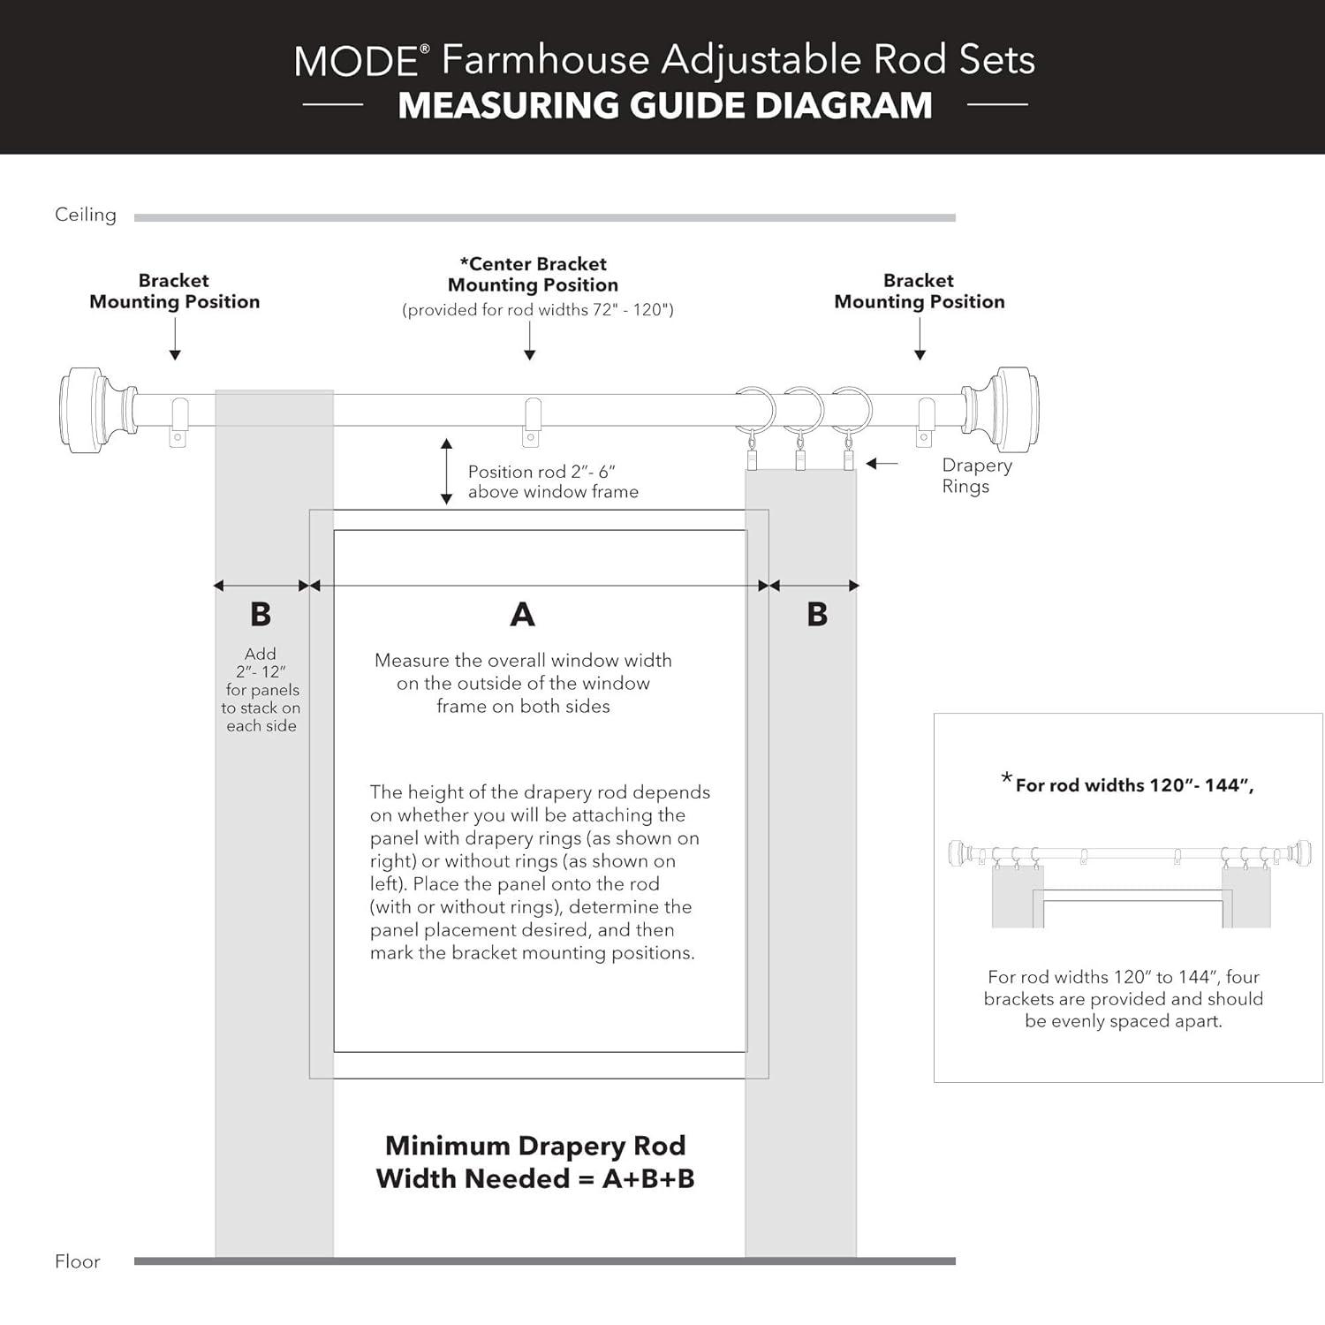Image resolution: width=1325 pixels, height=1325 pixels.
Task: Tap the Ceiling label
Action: [x=86, y=215]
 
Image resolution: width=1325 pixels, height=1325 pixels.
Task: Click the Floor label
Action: [x=78, y=1261]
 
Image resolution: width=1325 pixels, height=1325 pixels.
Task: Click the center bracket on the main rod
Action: [x=532, y=421]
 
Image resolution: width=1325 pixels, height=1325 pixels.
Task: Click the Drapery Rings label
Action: [x=976, y=475]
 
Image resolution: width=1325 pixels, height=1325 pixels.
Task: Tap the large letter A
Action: [x=522, y=614]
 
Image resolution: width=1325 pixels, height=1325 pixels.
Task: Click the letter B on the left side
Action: [x=261, y=614]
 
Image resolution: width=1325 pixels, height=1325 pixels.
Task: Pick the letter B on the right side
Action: [x=817, y=614]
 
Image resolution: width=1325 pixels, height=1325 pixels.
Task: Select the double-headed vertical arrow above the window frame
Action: [x=447, y=472]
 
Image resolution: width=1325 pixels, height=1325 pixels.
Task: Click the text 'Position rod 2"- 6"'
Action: [x=541, y=472]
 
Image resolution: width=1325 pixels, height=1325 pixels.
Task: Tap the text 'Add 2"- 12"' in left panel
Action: [x=261, y=662]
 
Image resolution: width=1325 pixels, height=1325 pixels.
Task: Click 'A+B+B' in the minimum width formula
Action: [x=647, y=1178]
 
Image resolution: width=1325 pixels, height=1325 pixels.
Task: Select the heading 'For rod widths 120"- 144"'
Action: [x=1133, y=784]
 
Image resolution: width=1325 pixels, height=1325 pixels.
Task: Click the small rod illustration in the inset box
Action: [x=1129, y=855]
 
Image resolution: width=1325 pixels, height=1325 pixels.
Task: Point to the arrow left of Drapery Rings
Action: [x=882, y=464]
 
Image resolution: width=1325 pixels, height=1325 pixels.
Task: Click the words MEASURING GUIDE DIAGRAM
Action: [x=664, y=106]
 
